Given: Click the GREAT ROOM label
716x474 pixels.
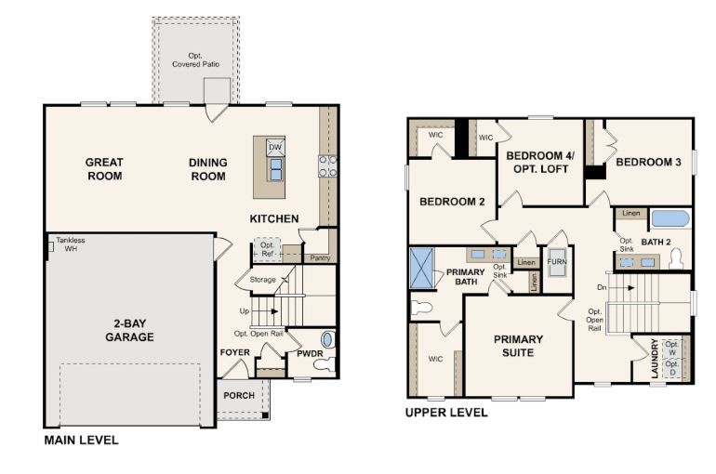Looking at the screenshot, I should (x=104, y=168).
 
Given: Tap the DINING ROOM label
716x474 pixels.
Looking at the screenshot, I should (x=207, y=168).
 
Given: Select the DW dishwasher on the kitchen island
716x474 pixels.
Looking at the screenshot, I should (x=275, y=148).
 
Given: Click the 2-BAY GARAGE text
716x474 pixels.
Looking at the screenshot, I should (x=128, y=331).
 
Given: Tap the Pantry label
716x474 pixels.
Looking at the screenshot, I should (x=320, y=257).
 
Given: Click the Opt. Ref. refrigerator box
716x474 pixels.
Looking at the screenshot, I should (x=268, y=249).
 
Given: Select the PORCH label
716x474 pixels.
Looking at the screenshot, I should (x=239, y=395).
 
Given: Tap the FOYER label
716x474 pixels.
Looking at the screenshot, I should (x=234, y=353).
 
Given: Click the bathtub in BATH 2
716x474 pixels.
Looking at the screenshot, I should (x=670, y=219).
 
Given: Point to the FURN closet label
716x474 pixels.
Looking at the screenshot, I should (x=556, y=262).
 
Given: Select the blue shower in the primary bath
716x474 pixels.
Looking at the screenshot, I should (x=422, y=268).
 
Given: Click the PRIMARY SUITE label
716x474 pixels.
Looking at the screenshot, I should (x=518, y=346).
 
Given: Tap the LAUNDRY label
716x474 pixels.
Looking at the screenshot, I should (x=655, y=359).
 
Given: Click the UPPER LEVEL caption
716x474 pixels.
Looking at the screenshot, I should (x=446, y=412).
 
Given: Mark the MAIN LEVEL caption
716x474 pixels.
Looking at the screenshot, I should (x=82, y=440).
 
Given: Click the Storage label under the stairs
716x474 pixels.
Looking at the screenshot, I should (x=263, y=279).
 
